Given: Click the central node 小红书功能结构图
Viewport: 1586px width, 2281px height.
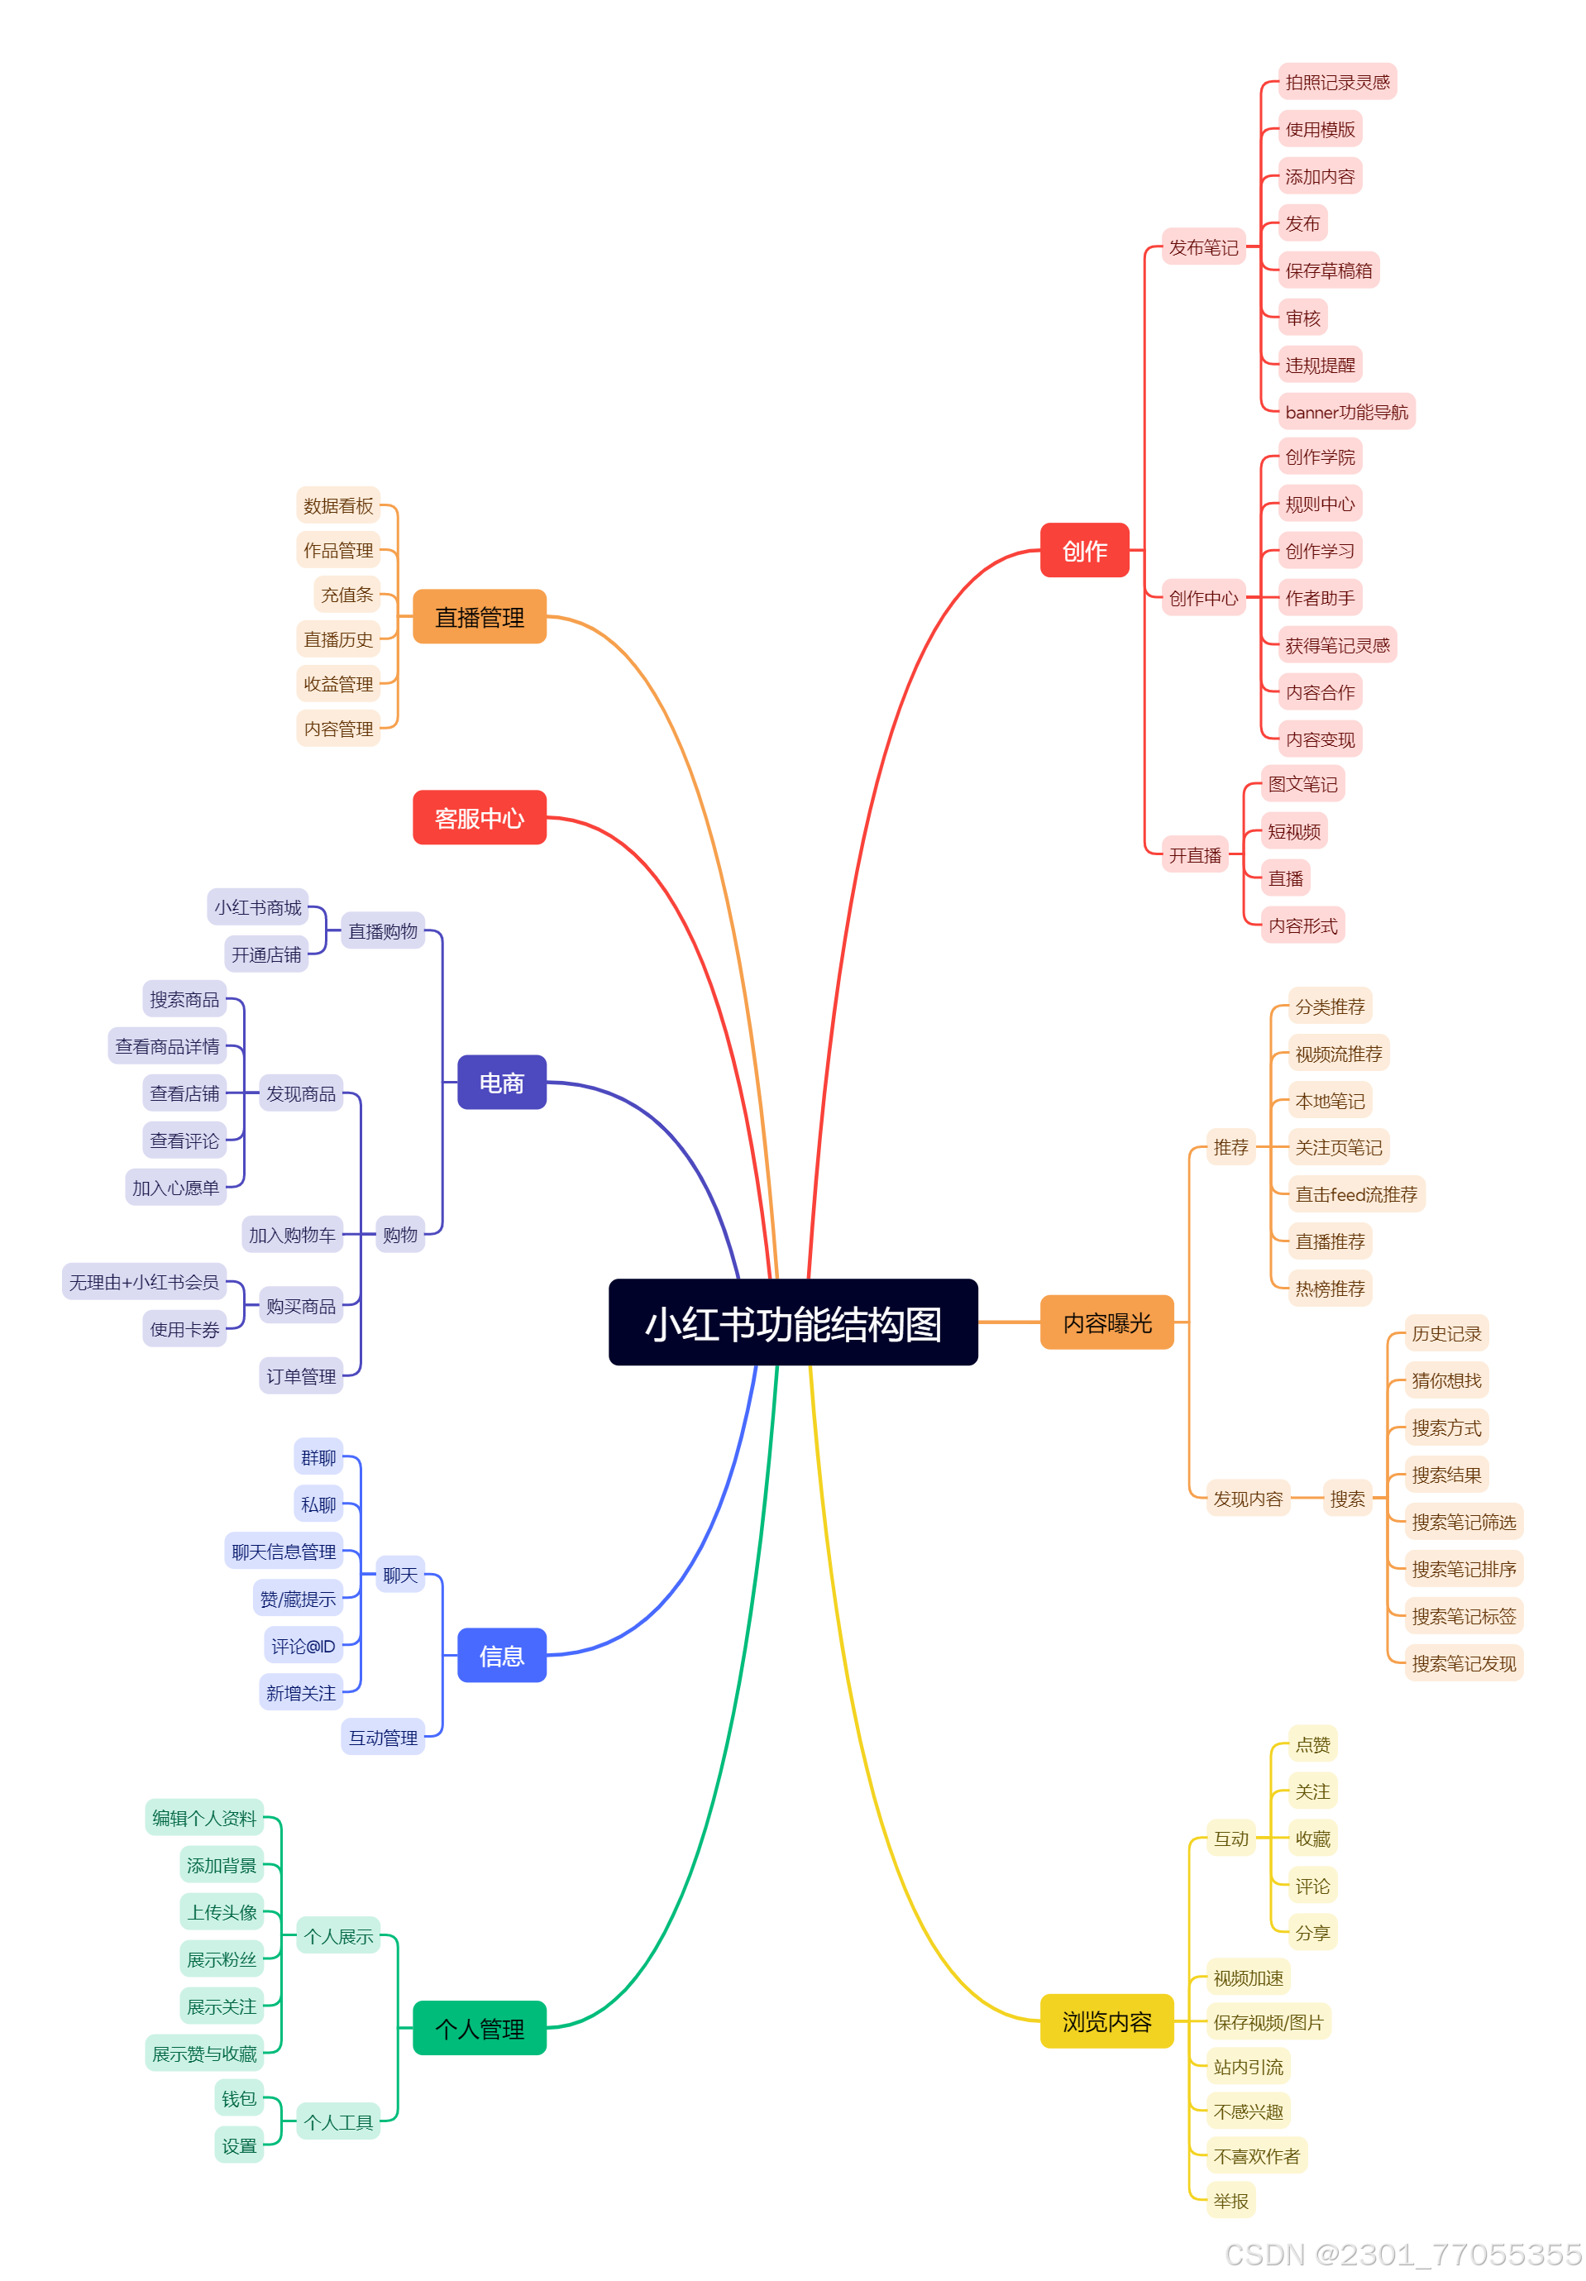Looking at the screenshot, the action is click(791, 1322).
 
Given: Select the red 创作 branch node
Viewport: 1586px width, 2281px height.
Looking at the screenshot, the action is click(1083, 549).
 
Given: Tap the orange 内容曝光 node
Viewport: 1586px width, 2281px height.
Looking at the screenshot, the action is click(1106, 1322).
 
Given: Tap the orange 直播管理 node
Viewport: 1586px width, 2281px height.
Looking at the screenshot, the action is click(479, 616).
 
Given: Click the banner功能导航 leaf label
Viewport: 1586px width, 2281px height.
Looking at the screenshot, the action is click(1345, 411).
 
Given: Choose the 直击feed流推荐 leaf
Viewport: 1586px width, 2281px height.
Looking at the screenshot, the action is click(1354, 1193).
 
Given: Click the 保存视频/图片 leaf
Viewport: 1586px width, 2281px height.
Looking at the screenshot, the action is click(1267, 2020).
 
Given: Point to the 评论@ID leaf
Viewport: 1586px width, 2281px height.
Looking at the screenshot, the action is click(303, 1644).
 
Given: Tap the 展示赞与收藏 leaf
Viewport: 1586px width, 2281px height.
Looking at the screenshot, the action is click(203, 2053).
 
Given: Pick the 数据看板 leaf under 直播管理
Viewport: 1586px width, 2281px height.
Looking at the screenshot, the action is click(337, 504).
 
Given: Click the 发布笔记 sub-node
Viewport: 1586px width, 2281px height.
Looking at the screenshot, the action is click(1201, 246).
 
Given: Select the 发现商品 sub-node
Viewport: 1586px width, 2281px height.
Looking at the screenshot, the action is click(300, 1093).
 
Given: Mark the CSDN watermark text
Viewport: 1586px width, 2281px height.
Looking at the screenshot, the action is click(1402, 2253).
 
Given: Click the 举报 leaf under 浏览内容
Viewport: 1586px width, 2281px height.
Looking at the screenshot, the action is click(1230, 2200).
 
